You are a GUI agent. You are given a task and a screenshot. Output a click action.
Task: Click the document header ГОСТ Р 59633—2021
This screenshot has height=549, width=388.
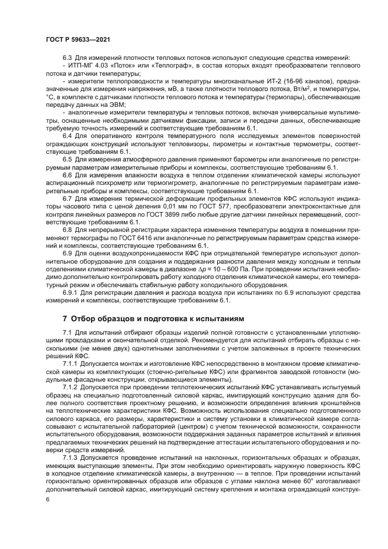79,39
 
